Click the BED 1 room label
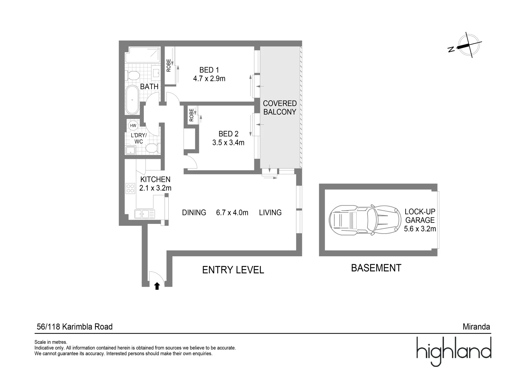[x=209, y=70]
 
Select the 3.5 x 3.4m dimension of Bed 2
[x=228, y=142]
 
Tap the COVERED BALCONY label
[x=280, y=107]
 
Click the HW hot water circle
[x=133, y=125]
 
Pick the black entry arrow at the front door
[x=157, y=286]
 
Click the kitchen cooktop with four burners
[x=130, y=188]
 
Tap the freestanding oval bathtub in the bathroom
[x=132, y=100]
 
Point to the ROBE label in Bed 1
[x=169, y=65]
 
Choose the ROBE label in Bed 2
[x=191, y=115]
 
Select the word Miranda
[x=476, y=327]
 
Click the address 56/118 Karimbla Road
[x=74, y=327]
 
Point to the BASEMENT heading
[x=376, y=268]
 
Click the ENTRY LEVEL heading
[x=233, y=270]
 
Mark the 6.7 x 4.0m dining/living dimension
[x=232, y=213]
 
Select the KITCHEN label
[x=155, y=179]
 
